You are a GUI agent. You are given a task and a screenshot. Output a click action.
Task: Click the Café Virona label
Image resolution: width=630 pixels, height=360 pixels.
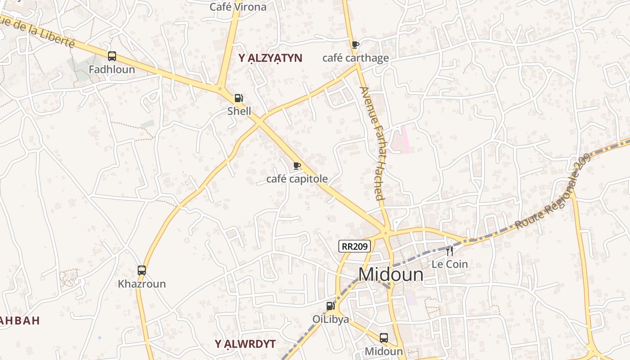pyautogui.click(x=238, y=7)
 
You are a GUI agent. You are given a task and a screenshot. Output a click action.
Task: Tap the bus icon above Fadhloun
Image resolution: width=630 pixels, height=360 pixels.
pyautogui.click(x=112, y=56)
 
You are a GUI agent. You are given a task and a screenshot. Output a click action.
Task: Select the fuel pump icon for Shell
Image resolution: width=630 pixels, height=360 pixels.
pyautogui.click(x=238, y=98)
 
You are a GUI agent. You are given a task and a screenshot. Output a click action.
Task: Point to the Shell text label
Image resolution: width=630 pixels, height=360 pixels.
pyautogui.click(x=239, y=111)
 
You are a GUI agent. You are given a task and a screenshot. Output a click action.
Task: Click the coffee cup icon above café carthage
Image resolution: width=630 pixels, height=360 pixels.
pyautogui.click(x=355, y=45)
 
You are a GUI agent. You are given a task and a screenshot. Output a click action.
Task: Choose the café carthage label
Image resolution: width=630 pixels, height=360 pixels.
pyautogui.click(x=355, y=58)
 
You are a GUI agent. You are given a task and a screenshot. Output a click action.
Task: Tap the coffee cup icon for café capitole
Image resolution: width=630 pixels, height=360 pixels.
pyautogui.click(x=297, y=166)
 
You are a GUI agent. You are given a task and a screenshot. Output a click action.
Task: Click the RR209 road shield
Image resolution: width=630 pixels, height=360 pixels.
pyautogui.click(x=355, y=246)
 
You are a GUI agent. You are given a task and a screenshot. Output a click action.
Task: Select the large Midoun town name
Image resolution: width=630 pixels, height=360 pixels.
pyautogui.click(x=391, y=274)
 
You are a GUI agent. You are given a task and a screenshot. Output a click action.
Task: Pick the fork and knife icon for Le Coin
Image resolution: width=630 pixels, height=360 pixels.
pyautogui.click(x=450, y=251)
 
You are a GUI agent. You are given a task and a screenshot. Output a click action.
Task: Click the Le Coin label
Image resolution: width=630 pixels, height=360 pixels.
pyautogui.click(x=450, y=264)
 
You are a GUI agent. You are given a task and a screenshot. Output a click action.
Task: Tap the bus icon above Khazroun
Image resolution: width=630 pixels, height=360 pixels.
pyautogui.click(x=142, y=270)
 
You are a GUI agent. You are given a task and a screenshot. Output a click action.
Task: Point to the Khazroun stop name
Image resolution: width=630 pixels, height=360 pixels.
pyautogui.click(x=142, y=284)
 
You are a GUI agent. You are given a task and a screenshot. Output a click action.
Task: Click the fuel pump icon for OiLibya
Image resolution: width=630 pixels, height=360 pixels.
pyautogui.click(x=331, y=306)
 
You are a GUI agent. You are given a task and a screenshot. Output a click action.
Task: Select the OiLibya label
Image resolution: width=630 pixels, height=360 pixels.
pyautogui.click(x=331, y=319)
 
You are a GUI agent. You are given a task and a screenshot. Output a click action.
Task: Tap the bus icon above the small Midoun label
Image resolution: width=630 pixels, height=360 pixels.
pyautogui.click(x=384, y=337)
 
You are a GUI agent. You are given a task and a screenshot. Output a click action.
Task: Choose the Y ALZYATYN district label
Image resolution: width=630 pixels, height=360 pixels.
pyautogui.click(x=270, y=58)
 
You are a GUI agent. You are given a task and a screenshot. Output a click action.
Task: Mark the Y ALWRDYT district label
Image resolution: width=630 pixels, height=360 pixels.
pyautogui.click(x=245, y=344)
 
